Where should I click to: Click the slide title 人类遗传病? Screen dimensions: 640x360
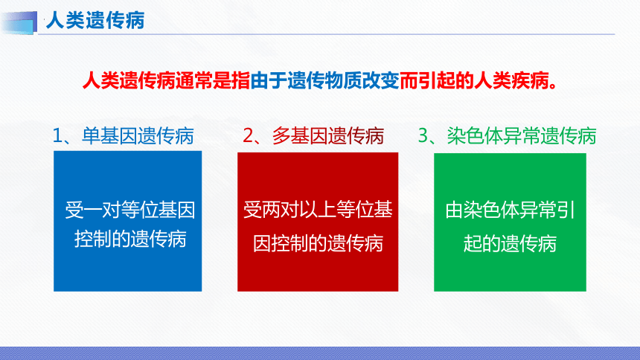coord(95,20)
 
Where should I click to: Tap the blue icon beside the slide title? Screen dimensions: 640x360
coord(19,22)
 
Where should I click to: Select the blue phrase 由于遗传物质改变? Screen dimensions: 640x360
coord(324,80)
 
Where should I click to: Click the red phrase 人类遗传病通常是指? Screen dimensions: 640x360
coord(166,80)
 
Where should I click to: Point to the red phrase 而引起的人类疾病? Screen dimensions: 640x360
coord(474,80)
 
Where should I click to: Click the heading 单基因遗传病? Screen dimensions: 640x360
coord(138,136)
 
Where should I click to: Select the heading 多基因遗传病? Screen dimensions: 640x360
coord(328,136)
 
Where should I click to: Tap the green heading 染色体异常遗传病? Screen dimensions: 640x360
coord(522,136)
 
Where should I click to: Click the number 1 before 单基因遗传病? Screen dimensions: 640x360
coord(57,136)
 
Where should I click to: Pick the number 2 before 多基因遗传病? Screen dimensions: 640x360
coord(248,136)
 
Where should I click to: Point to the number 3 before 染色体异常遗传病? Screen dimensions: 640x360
coord(423,136)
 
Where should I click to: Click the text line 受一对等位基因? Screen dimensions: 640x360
coord(130,210)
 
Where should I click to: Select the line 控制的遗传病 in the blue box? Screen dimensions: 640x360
coord(130,240)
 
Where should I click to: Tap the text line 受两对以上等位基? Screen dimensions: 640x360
coord(318,210)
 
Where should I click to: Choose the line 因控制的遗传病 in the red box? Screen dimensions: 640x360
coord(318,244)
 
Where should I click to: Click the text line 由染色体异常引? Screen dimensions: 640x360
coord(510,210)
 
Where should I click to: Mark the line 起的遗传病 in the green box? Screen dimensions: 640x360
coord(510,244)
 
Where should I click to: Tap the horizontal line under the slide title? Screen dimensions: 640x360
coord(326,34)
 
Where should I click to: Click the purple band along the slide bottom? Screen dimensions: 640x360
coord(320,353)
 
